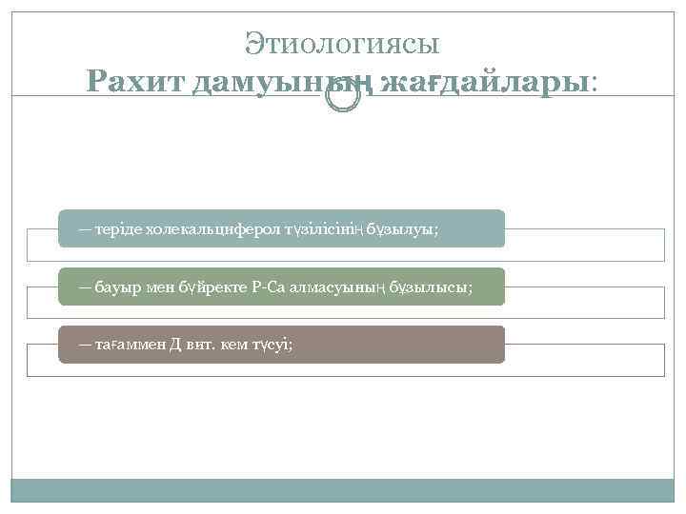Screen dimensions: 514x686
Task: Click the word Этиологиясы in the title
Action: (x=342, y=43)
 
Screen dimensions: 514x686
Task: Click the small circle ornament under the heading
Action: (x=343, y=98)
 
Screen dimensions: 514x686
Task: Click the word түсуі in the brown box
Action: (x=272, y=345)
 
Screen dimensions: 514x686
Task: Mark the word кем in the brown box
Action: (x=233, y=345)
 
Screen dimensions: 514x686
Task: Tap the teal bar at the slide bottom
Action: (x=343, y=490)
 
